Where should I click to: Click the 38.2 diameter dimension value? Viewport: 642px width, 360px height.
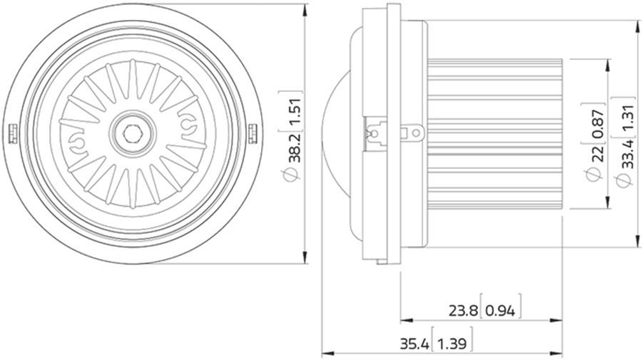point(295,148)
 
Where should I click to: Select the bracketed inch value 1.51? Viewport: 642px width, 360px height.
point(295,111)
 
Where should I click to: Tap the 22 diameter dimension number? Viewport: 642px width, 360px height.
point(598,154)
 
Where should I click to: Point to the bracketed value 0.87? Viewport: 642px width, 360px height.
point(598,124)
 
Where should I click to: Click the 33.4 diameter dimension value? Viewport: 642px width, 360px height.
point(628,154)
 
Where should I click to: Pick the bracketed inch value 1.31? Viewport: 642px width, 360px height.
point(628,118)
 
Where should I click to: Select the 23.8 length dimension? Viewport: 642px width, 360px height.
point(463,312)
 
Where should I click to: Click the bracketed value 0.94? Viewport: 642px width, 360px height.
point(500,312)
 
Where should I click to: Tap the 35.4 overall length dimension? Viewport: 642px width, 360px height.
point(414,344)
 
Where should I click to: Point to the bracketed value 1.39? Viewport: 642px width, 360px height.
point(452,344)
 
